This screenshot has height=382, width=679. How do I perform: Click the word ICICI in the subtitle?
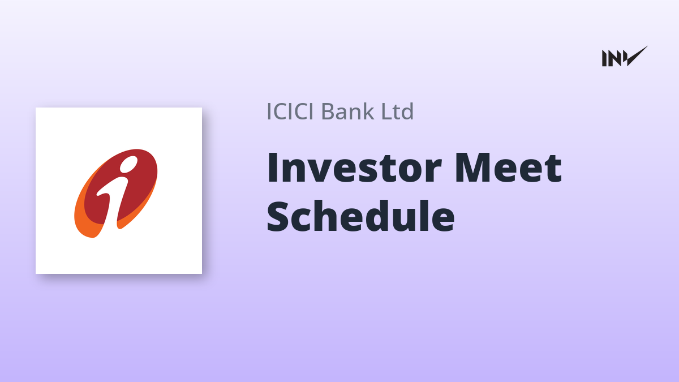point(290,111)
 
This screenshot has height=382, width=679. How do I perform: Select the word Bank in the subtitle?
point(347,111)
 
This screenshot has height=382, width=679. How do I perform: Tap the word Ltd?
point(397,111)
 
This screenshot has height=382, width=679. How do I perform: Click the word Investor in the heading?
point(354,168)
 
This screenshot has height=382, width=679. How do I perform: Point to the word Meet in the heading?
point(508,168)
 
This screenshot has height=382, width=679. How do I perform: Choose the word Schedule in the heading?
point(360,216)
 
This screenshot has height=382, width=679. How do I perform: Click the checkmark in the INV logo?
point(636,56)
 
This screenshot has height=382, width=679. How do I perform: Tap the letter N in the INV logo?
point(615,58)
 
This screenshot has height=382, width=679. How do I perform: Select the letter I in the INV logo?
point(604,58)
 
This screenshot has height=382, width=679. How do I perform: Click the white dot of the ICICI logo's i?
point(129,164)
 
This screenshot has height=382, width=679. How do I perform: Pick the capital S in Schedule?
point(278,216)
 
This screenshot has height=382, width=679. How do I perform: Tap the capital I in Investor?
point(272,168)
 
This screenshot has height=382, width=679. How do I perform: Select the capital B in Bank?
point(329,111)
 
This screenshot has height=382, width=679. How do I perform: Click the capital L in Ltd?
point(387,111)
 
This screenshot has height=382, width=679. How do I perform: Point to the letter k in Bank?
point(368,111)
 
